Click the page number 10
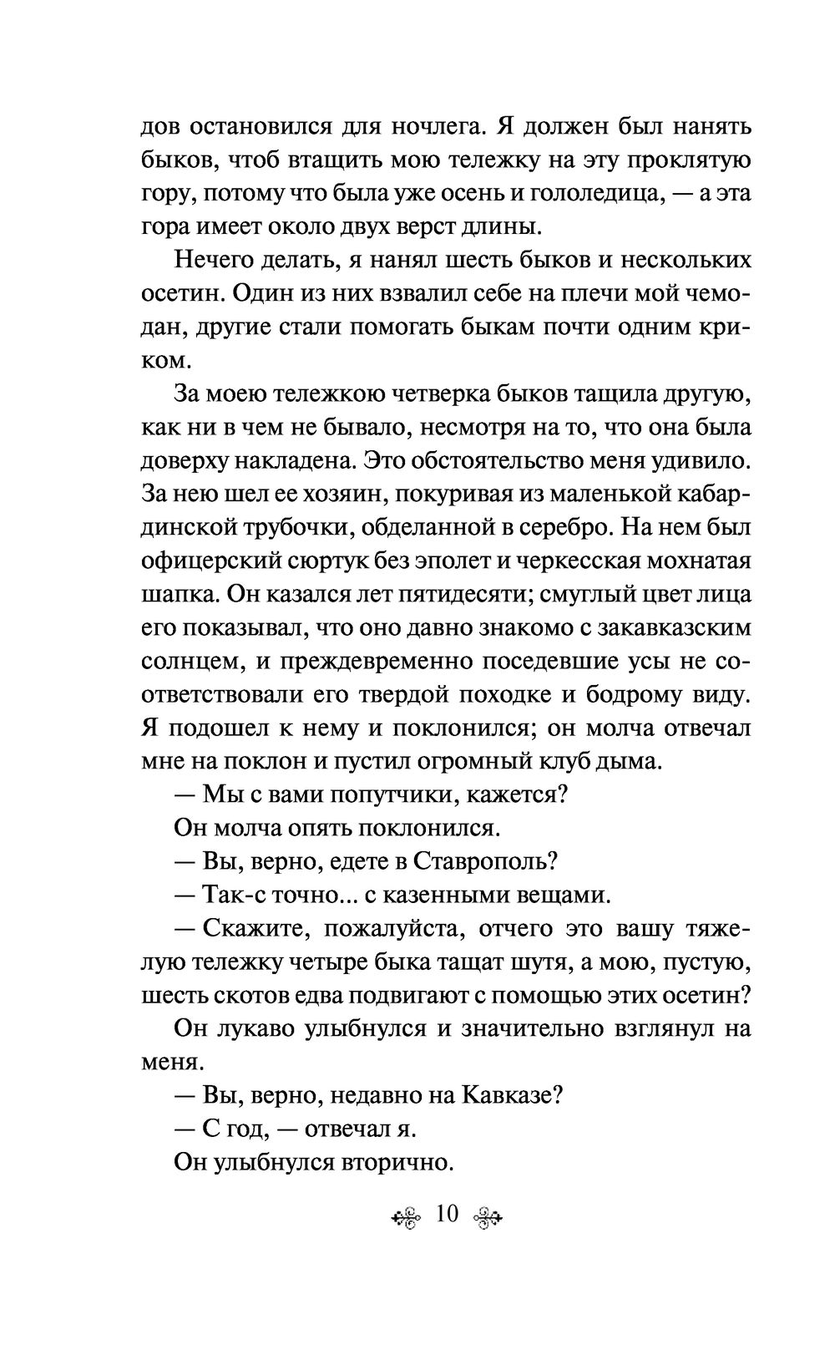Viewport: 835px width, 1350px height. point(448,1214)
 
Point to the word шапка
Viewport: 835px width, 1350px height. point(170,594)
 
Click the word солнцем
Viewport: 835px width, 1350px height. point(182,662)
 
